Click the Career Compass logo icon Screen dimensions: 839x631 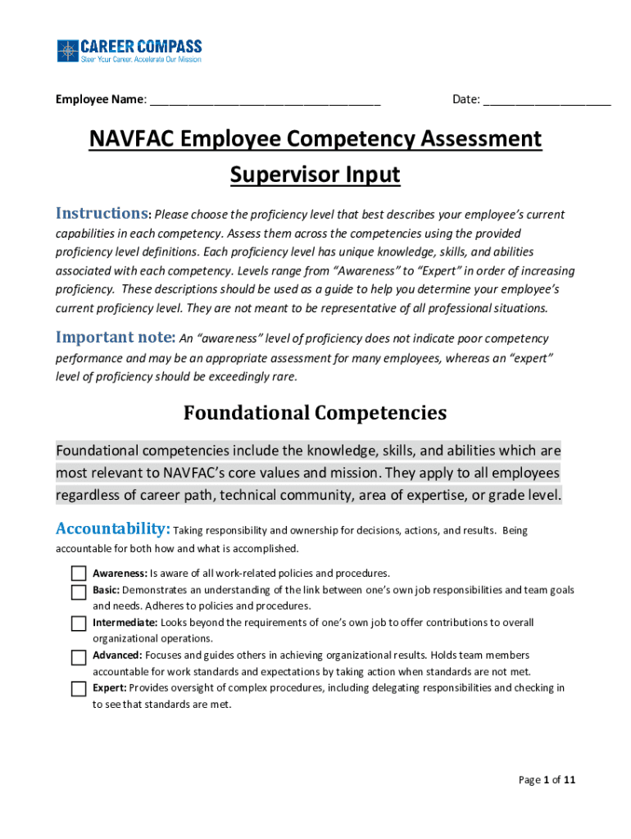pyautogui.click(x=66, y=52)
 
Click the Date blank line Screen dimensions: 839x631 pyautogui.click(x=547, y=101)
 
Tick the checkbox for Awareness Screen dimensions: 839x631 pyautogui.click(x=79, y=574)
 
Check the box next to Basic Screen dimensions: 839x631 pyautogui.click(x=79, y=592)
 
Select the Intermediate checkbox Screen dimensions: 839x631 pyautogui.click(x=79, y=624)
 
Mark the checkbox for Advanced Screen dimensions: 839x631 pyautogui.click(x=79, y=656)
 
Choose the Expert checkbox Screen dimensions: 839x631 pyautogui.click(x=79, y=688)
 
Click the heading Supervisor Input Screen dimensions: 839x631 pyautogui.click(x=315, y=175)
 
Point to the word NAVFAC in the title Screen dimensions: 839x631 pyautogui.click(x=131, y=139)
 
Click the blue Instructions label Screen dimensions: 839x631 pyautogui.click(x=102, y=214)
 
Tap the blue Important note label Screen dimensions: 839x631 pyautogui.click(x=114, y=338)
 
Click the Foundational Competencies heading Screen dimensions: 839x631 pyautogui.click(x=315, y=412)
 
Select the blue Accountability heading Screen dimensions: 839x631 pyautogui.click(x=112, y=528)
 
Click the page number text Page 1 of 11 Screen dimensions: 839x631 pyautogui.click(x=547, y=780)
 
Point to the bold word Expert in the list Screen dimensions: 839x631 pyautogui.click(x=109, y=688)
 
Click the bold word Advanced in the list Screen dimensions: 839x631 pyautogui.click(x=117, y=655)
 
